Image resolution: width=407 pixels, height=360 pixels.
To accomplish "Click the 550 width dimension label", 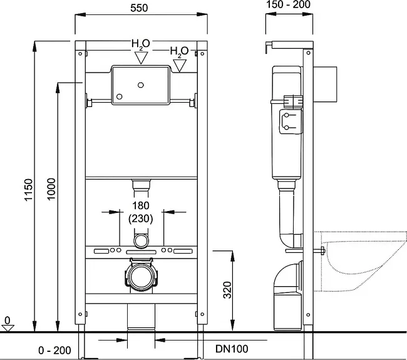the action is point(139,8).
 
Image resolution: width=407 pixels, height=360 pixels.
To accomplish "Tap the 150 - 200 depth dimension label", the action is point(289,4).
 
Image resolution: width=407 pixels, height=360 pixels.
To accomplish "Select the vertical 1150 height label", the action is point(29,190).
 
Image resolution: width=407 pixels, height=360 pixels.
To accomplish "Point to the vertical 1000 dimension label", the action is point(51,188).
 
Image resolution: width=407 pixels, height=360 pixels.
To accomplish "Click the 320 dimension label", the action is point(227,290).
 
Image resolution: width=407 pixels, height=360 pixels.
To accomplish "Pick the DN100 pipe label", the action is point(232,349).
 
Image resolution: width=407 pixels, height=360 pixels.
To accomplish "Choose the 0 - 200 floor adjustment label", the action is point(54,351).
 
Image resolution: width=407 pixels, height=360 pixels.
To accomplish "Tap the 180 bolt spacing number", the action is point(141,205).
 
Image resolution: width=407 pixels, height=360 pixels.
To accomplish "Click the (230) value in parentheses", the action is point(141,219).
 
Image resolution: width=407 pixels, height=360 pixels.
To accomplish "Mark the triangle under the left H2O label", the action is point(142,58).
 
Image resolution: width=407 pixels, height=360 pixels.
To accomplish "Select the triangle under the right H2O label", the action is point(180,65).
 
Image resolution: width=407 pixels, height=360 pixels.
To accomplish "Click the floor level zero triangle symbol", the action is point(8,328).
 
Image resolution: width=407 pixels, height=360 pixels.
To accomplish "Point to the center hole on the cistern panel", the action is point(141,85).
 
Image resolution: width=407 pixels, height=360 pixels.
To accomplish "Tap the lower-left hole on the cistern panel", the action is point(120,96).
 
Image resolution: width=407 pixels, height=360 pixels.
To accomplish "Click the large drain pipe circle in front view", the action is point(142,277).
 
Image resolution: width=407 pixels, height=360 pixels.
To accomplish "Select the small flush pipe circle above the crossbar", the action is point(142,240).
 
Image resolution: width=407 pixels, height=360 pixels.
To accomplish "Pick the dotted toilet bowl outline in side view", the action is point(360,261).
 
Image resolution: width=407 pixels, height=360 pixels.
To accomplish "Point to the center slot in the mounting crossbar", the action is point(142,252).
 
